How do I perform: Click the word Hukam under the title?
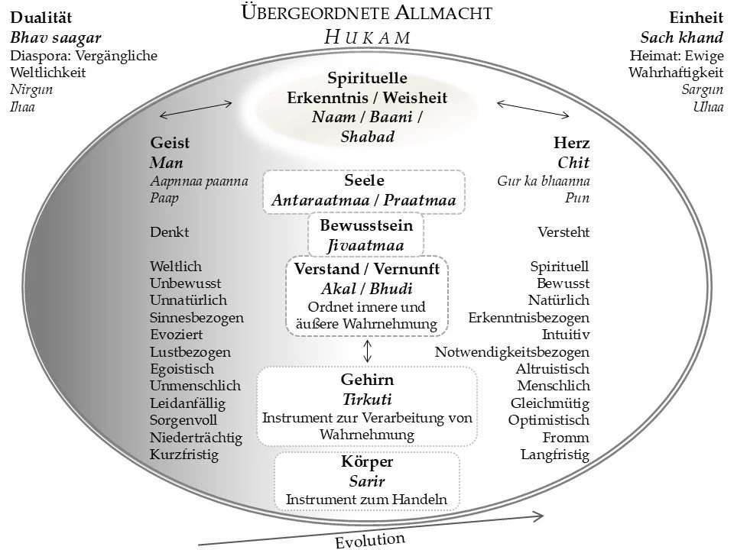367,37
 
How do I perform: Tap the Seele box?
364,190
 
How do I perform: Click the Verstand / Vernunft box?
367,296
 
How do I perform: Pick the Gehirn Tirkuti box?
367,406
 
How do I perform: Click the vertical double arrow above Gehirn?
368,351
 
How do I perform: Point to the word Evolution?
370,540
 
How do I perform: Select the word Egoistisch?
182,369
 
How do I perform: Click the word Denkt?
169,231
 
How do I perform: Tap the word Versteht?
563,231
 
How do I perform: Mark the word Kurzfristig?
183,455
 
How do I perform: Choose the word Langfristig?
555,455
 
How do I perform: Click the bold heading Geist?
170,143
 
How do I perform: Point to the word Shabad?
367,136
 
